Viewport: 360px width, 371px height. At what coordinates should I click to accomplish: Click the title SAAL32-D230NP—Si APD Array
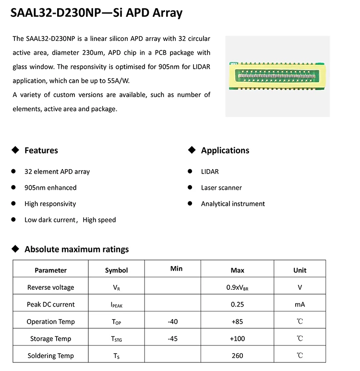96,13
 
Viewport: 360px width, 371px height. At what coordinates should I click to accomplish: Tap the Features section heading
41,150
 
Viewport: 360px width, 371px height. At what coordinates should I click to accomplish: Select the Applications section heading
225,150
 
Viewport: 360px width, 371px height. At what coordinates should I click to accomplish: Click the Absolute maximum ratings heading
77,249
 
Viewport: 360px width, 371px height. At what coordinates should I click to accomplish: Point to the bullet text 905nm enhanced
50,187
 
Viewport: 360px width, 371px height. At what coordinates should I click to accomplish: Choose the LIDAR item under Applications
210,172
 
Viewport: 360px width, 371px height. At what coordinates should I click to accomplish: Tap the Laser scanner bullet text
221,187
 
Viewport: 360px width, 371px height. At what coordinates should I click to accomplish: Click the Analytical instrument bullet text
233,204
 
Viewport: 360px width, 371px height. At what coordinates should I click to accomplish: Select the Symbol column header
117,270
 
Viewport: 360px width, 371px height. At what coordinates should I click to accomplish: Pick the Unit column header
300,270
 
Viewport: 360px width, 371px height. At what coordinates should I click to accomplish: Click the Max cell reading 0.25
238,304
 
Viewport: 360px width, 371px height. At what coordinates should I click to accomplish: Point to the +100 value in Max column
238,339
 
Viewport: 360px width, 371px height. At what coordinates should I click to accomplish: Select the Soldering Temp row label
51,356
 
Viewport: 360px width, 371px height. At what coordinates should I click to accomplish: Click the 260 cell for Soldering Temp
238,356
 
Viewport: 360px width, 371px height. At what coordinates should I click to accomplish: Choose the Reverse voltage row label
51,287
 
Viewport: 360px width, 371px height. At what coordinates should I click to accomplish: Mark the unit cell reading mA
300,304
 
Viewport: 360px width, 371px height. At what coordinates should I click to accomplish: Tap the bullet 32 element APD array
57,172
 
